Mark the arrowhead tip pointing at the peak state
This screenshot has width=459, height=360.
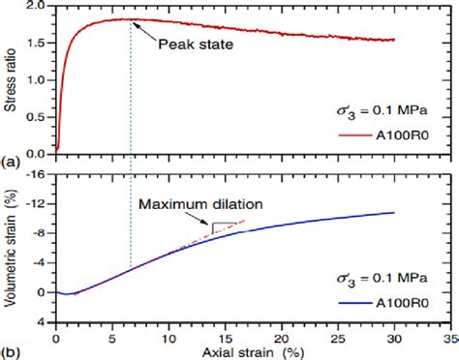pos(133,20)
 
